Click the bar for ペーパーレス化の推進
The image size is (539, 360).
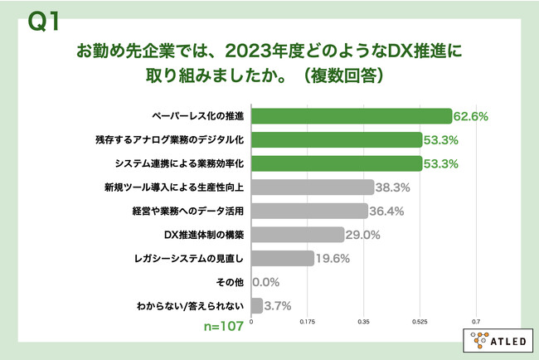coord(352,116)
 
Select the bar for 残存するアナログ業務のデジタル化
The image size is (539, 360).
coord(337,140)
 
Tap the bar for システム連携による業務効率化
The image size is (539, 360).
coord(337,163)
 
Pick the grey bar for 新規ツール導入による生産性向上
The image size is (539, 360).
coord(313,187)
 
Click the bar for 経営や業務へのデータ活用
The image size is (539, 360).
coord(309,212)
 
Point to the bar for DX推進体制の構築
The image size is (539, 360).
coord(298,235)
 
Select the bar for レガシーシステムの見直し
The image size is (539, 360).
coord(283,258)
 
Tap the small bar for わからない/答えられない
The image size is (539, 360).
coord(257,306)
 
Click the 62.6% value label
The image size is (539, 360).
coord(471,117)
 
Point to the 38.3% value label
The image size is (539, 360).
coord(392,187)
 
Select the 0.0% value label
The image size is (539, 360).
coord(265,282)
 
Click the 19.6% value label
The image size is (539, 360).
coord(333,259)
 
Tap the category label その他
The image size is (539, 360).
coord(230,282)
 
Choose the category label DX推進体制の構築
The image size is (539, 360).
coord(204,235)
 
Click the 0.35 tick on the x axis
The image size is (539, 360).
coord(363,322)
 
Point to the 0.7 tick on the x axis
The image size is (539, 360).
coord(476,322)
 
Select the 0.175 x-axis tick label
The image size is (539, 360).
coord(308,322)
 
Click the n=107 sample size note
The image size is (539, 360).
coord(224,326)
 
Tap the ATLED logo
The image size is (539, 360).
coord(498,341)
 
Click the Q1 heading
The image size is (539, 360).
coord(43,22)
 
